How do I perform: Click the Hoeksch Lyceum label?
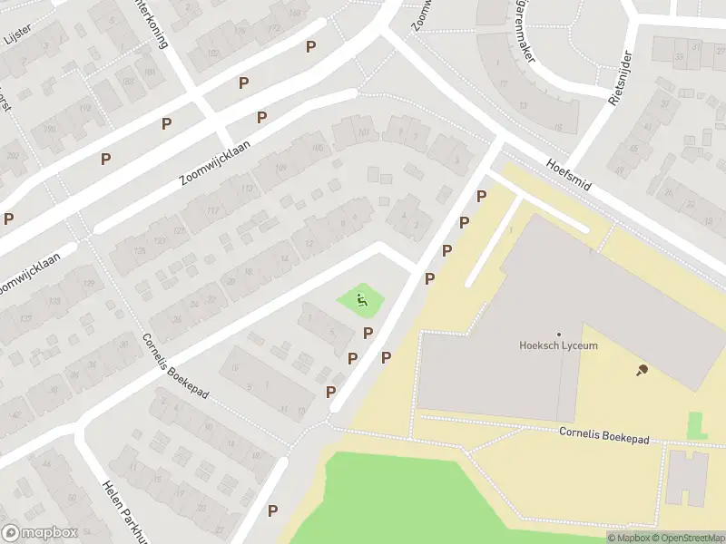[558, 345]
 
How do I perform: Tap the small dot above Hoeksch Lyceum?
[558, 334]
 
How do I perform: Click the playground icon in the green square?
[361, 299]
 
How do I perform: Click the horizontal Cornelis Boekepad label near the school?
[604, 437]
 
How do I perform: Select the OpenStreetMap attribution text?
[687, 538]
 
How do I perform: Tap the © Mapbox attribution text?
[628, 538]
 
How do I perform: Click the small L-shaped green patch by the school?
[696, 425]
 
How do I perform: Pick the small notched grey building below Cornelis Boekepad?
[687, 477]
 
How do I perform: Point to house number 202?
[13, 156]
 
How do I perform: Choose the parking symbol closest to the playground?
[368, 334]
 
